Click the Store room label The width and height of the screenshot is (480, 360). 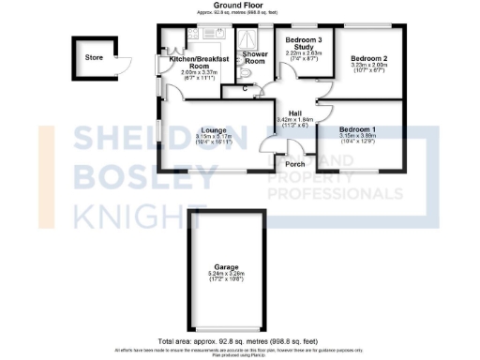tap(93, 58)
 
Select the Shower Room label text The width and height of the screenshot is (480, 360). tap(255, 59)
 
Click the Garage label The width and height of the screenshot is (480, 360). tap(224, 265)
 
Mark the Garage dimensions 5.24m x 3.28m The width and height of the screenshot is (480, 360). tap(224, 274)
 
